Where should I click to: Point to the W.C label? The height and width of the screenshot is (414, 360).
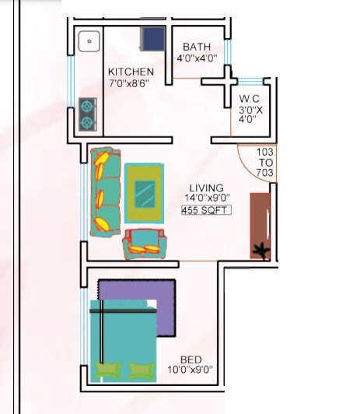(249, 99)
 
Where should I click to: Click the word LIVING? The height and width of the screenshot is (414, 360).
(206, 188)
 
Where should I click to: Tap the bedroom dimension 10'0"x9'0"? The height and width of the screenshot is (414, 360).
(191, 370)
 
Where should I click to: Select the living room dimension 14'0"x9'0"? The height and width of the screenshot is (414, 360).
(206, 198)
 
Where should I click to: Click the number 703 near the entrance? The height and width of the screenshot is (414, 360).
(264, 173)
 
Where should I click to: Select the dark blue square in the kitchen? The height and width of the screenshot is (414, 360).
(152, 39)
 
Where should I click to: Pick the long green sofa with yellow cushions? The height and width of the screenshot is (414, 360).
(105, 191)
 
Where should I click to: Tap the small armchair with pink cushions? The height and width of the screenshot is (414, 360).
(145, 244)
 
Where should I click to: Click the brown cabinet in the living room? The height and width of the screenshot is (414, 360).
(259, 222)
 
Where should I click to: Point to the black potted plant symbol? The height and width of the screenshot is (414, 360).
(258, 251)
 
